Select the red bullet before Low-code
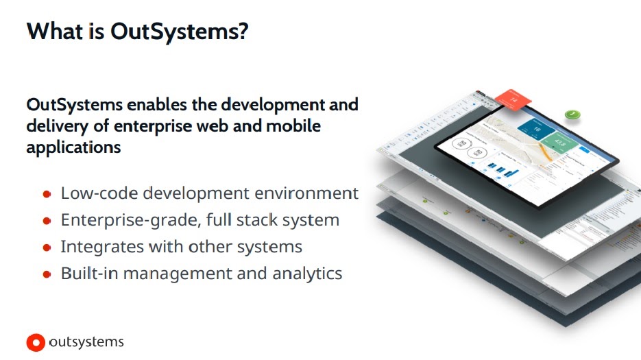pyautogui.click(x=47, y=194)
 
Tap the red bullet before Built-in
pyautogui.click(x=47, y=274)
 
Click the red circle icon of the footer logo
pyautogui.click(x=36, y=341)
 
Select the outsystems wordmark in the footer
pyautogui.click(x=86, y=341)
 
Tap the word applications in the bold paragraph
pyautogui.click(x=73, y=147)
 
